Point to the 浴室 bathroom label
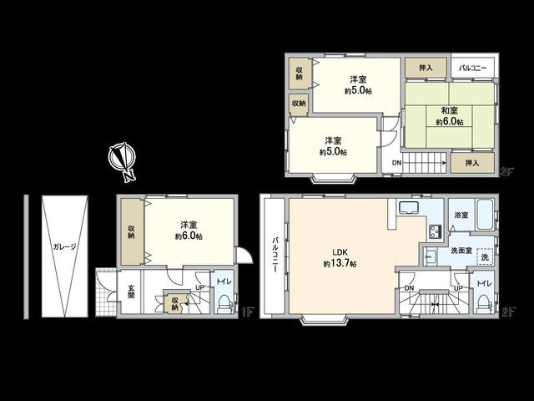click(461, 215)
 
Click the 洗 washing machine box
click(485, 256)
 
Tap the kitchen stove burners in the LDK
click(435, 231)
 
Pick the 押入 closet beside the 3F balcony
click(426, 69)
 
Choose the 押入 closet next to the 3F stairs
click(471, 163)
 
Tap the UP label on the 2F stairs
click(458, 287)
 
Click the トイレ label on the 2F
click(483, 285)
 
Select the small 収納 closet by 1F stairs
click(175, 304)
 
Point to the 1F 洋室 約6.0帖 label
click(189, 231)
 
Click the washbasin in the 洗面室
click(431, 254)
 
